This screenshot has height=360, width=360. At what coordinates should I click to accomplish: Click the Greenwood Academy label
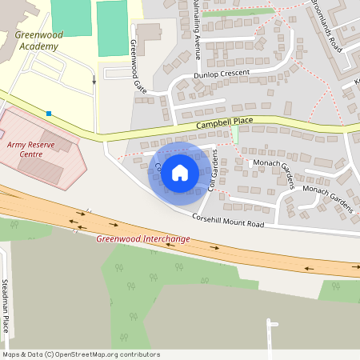coord(37,41)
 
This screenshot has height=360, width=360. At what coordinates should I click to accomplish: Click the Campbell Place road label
coord(225,123)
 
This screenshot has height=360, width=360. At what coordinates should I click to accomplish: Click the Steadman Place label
coord(5,306)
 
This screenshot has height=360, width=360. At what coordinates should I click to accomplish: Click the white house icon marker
coord(180,172)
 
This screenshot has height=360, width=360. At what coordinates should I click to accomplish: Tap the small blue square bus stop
coord(50,114)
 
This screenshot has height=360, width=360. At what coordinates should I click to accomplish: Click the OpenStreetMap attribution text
coord(81,354)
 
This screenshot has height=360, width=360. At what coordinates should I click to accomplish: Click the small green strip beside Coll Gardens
coord(234,134)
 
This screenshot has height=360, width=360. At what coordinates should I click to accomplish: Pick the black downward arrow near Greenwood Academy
coord(94,80)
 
